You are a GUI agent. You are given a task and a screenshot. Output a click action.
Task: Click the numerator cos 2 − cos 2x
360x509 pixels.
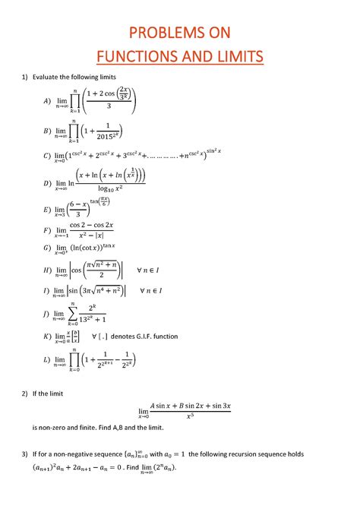click(91, 226)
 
